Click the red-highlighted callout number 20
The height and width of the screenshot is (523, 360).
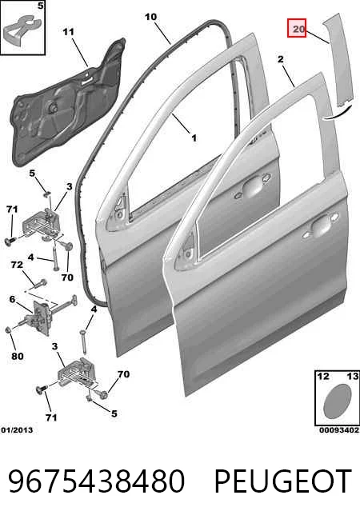297,28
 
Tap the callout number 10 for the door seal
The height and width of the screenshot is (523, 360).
151,16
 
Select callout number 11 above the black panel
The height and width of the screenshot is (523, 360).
68,32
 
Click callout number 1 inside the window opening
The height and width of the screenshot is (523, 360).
194,138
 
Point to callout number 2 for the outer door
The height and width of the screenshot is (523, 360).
281,59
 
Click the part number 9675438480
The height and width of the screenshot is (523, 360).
97,481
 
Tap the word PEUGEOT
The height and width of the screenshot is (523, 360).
283,481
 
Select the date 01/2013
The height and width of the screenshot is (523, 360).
17,430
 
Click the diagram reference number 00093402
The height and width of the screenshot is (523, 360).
339,430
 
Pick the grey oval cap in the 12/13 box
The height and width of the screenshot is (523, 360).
338,401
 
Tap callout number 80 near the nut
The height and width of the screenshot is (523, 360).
18,356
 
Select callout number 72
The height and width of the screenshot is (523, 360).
17,265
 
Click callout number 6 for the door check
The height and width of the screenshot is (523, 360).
12,299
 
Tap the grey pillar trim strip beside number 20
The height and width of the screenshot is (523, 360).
338,60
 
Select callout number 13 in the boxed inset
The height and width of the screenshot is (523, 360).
353,376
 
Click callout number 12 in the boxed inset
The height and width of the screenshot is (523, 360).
323,376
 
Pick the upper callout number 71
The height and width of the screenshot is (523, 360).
12,210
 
